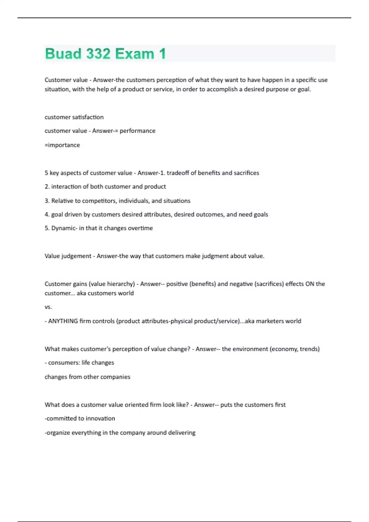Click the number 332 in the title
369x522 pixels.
98,54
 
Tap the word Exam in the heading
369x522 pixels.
135,54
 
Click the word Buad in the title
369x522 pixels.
63,54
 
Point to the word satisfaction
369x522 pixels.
88,117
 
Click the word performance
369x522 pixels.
137,131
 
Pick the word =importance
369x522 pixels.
62,145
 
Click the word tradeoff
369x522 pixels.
177,173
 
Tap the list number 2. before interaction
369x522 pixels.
47,186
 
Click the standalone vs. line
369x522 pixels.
48,307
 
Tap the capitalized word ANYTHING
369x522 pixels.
63,321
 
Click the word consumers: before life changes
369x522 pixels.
64,363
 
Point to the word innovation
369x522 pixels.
100,418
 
